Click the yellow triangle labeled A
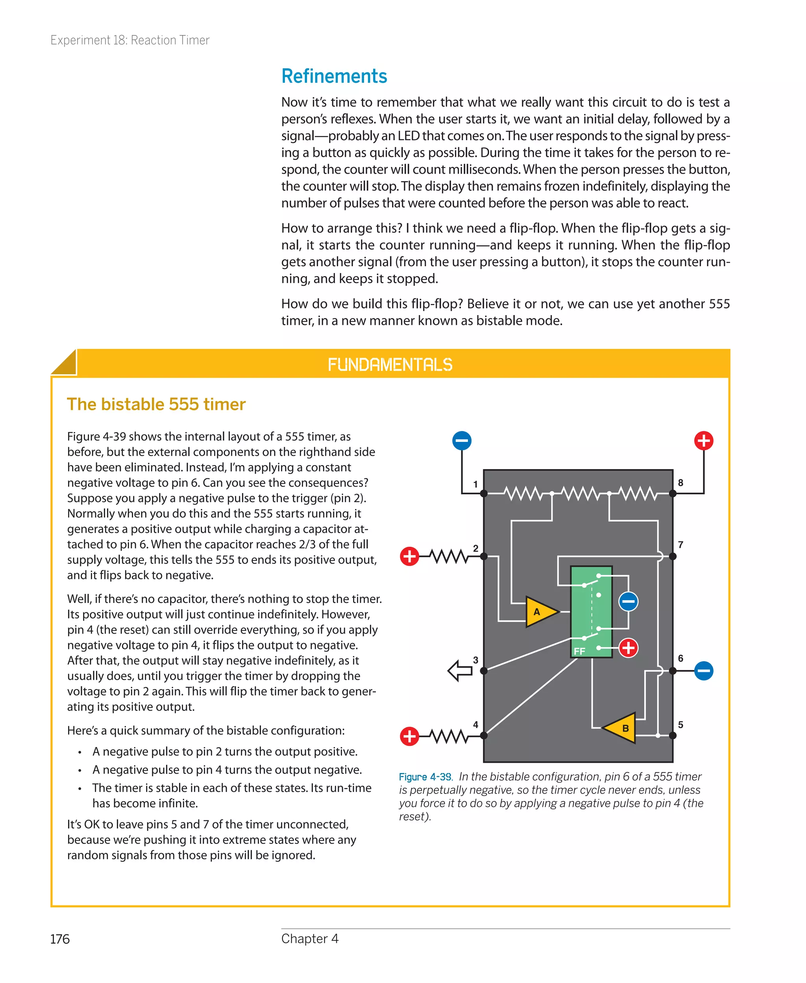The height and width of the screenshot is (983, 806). coord(540,612)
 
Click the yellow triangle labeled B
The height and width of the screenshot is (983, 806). coord(621,727)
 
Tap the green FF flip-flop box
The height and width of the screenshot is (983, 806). coord(591,611)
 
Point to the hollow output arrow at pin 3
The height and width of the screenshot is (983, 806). coord(460,671)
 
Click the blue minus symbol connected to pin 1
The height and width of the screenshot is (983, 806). coord(462,440)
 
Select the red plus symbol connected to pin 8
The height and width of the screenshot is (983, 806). coord(703,440)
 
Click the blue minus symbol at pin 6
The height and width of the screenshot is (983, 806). coord(703,671)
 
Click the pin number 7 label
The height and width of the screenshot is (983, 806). coord(680,544)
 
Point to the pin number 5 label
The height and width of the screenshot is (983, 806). coord(680,725)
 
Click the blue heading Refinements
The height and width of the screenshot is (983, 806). coord(334,76)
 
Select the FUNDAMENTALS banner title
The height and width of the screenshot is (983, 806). coord(390,365)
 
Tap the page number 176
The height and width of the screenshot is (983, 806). coord(60,939)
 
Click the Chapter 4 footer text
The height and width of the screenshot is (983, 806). coord(310,938)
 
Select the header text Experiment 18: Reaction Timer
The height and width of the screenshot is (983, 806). coord(130,41)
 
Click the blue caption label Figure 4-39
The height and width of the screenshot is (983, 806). coord(425,777)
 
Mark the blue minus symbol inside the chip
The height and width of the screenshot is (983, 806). coord(628,602)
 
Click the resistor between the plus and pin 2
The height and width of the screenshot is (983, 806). coord(447,556)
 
